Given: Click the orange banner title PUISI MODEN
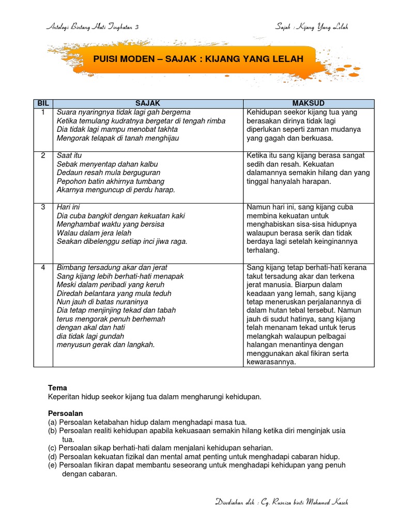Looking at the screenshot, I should coord(198,59).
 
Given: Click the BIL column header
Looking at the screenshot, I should coord(43,104).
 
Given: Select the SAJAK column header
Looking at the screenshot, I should coord(148,104).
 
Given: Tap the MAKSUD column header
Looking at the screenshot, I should coord(308,104).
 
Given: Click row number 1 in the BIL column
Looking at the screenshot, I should coord(43,112).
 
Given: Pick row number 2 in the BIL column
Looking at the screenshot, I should coord(43,155).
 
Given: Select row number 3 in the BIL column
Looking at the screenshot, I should coord(43,207).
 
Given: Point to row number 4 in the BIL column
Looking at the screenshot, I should coord(43,268).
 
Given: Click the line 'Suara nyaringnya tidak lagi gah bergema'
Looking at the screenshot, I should coord(124,112).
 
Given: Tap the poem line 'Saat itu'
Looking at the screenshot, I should coord(69,155).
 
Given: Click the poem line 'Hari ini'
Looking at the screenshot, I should coord(68,207).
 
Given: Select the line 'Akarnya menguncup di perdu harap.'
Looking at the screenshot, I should coord(116,190).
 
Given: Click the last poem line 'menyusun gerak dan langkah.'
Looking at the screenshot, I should coord(105,345).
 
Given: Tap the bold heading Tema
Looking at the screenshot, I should coord(57,388).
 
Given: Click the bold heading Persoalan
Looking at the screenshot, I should coord(65,414).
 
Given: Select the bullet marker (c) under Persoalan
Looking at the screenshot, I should coord(52,448).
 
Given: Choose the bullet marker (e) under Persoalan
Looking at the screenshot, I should coord(52,465).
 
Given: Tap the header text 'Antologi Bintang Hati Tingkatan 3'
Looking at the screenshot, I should coord(93,27).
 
